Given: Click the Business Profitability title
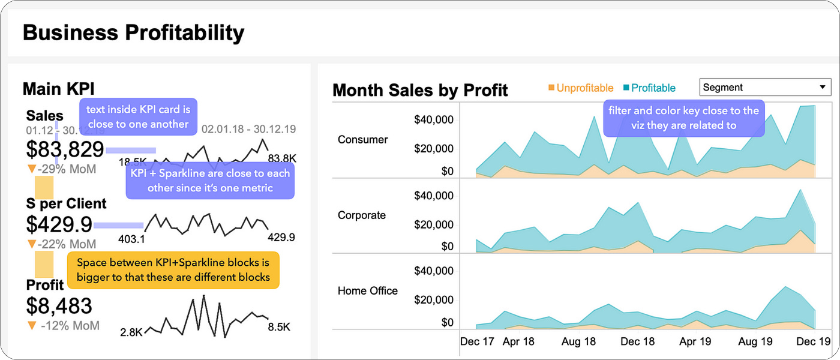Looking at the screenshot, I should (x=133, y=32).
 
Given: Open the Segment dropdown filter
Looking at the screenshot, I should (x=765, y=88).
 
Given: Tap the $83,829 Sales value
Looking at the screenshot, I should (x=65, y=149).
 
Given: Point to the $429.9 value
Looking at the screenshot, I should (x=59, y=224).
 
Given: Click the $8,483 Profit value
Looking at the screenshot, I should (x=59, y=305).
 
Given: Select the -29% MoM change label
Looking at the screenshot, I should (x=62, y=169).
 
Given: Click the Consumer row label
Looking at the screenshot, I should (x=363, y=140).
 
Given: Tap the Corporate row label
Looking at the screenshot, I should (x=362, y=215).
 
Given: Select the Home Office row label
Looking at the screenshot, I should (x=368, y=291).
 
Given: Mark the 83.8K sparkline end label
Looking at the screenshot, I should (x=282, y=158).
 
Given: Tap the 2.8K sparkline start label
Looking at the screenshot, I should (x=131, y=332).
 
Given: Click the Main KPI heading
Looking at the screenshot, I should (x=58, y=89).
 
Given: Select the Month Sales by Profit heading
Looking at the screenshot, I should (x=420, y=91).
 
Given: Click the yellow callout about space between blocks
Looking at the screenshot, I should (x=173, y=270).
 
